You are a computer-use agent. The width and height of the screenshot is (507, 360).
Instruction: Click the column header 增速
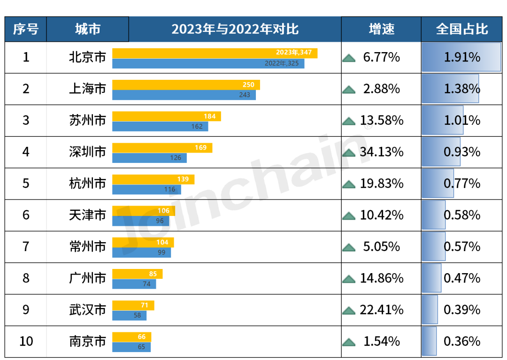click(x=381, y=29)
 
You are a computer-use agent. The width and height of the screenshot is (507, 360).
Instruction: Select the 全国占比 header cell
click(x=462, y=29)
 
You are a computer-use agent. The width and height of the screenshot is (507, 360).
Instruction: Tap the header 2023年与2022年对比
click(x=235, y=29)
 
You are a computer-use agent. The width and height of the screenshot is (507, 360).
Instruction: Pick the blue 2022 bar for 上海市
click(x=184, y=95)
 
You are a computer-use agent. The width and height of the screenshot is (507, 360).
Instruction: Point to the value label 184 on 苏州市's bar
click(x=209, y=116)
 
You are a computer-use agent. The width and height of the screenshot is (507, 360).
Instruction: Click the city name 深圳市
click(x=87, y=152)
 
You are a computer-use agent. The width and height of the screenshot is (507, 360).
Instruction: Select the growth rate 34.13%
click(x=382, y=152)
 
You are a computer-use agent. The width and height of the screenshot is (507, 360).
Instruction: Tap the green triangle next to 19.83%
click(x=349, y=184)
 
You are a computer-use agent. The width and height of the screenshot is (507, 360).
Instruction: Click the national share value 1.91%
click(x=462, y=57)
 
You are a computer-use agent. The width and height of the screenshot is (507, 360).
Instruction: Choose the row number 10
click(x=26, y=341)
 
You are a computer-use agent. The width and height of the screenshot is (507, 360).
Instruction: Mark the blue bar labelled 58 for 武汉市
click(x=129, y=315)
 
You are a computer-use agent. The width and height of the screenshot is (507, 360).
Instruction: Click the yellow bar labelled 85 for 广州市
click(x=137, y=274)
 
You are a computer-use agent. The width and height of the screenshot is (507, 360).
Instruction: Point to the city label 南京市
click(x=87, y=341)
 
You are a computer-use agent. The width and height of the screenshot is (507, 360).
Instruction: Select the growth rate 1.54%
click(x=382, y=341)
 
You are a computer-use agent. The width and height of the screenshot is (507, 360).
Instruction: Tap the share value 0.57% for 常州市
click(x=462, y=246)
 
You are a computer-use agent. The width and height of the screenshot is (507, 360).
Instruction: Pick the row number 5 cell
click(x=26, y=183)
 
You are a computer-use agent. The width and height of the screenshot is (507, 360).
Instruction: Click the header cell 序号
click(x=26, y=29)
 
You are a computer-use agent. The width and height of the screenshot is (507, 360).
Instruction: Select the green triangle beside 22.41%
click(x=349, y=310)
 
